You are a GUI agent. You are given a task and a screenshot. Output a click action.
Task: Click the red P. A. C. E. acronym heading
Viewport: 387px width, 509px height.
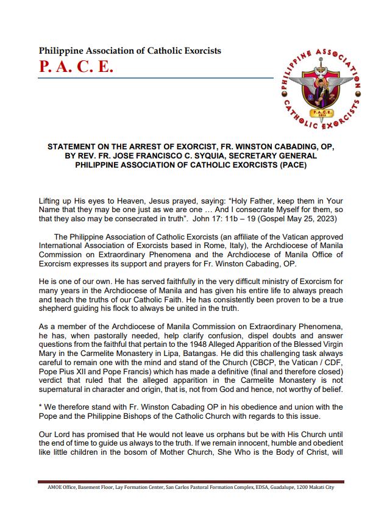click(76, 66)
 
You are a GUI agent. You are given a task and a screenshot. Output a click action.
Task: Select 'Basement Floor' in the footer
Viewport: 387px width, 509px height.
click(101, 487)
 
